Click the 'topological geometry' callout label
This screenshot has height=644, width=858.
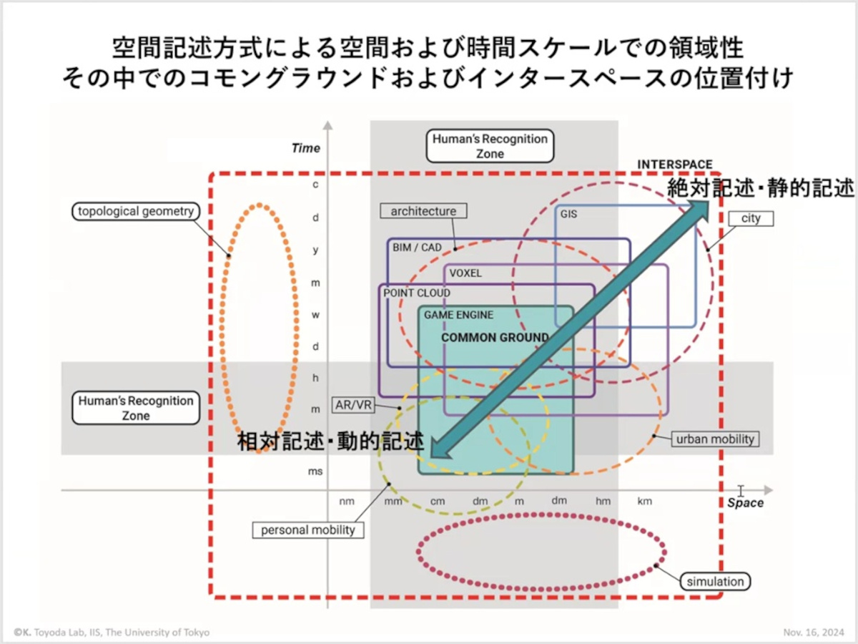coord(136,211)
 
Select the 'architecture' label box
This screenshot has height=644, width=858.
coord(423,211)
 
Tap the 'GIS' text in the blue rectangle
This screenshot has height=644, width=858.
coord(569,214)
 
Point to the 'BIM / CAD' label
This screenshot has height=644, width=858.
coord(417,248)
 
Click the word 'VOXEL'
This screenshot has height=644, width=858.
coord(465,273)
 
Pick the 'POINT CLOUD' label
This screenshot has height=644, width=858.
coord(417,293)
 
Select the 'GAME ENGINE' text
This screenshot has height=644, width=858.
coord(458,315)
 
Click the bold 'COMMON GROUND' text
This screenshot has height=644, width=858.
coord(495,338)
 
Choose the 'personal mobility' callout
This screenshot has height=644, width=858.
coord(308,530)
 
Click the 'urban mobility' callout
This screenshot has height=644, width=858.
coord(715,439)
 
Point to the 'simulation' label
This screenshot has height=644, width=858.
coord(715,582)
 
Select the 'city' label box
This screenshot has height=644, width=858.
coord(751,218)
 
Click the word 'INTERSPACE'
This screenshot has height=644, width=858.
coord(674,165)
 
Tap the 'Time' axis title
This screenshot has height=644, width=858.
coord(306,148)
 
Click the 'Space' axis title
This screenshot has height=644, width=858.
coord(745,503)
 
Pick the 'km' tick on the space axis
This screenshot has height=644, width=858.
coord(644,502)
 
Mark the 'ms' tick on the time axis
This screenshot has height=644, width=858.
coord(315,472)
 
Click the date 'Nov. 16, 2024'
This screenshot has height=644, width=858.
coord(813,633)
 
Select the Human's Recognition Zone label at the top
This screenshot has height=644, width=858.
coord(490,146)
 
